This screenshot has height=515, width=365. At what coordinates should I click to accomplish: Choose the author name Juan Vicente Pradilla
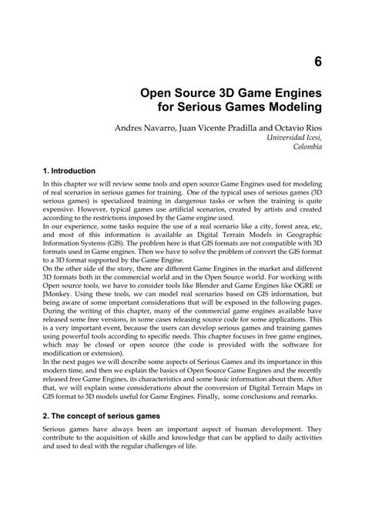207,125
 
